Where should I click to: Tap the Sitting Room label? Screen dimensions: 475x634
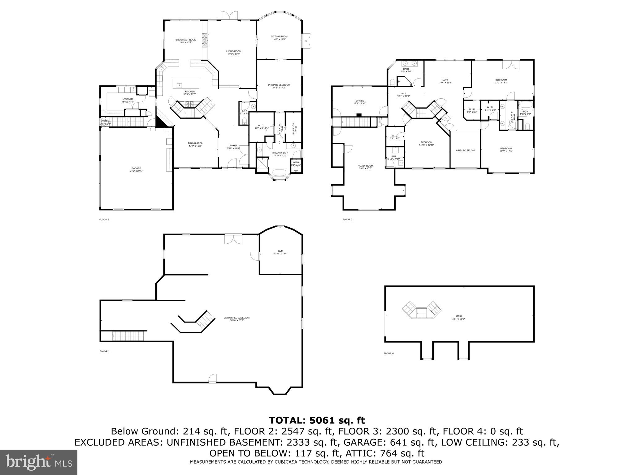[x=279, y=36]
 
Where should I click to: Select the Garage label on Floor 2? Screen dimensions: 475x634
[x=136, y=168]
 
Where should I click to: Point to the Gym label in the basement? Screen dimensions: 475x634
[x=280, y=251]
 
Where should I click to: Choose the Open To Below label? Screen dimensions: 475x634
[x=465, y=151]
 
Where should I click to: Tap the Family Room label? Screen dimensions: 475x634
[x=365, y=166]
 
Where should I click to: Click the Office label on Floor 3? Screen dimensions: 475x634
[x=360, y=101]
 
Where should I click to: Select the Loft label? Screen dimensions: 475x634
[x=445, y=80]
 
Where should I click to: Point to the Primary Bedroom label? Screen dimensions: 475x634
[x=279, y=85]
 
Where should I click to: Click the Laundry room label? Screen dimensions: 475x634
[x=128, y=99]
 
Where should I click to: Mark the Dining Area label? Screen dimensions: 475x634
[x=195, y=143]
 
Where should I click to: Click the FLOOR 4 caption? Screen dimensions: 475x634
[x=389, y=353]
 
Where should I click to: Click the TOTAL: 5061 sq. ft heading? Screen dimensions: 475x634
[x=317, y=420]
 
